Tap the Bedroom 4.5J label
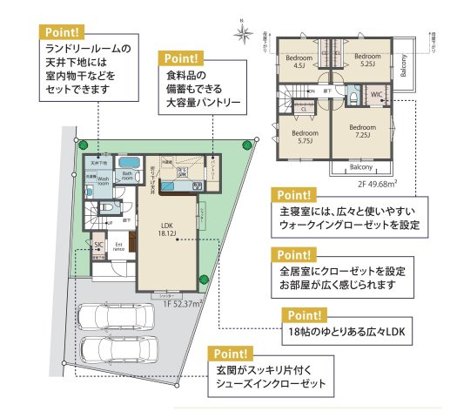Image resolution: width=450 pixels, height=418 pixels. point(299,62)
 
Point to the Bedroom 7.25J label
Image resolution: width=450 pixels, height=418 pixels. point(360,130)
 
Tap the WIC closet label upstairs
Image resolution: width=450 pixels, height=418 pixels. point(377,93)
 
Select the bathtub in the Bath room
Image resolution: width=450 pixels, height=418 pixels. point(128,163)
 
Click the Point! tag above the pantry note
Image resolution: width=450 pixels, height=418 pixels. point(180,58)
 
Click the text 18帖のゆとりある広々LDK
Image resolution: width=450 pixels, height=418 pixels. point(345,332)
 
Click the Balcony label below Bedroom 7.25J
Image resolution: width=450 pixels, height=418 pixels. point(360,166)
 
